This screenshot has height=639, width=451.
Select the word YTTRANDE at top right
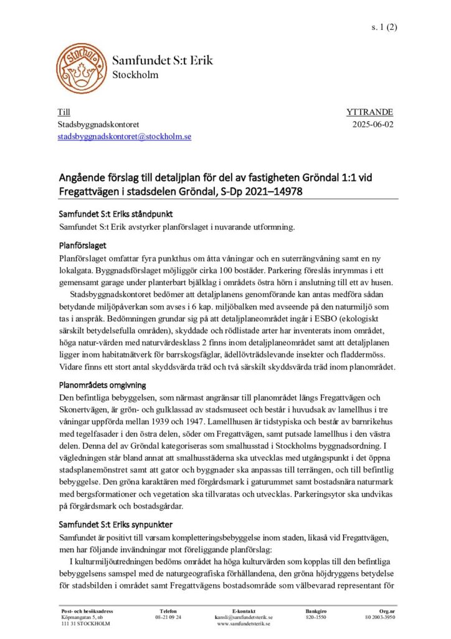(369, 112)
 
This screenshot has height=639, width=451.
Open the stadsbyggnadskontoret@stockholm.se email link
(125, 136)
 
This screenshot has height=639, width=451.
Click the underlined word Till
(64, 112)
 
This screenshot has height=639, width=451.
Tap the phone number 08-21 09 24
(168, 617)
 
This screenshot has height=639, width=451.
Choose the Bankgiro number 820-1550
(316, 617)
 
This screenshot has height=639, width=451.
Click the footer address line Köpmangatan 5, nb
(83, 617)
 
